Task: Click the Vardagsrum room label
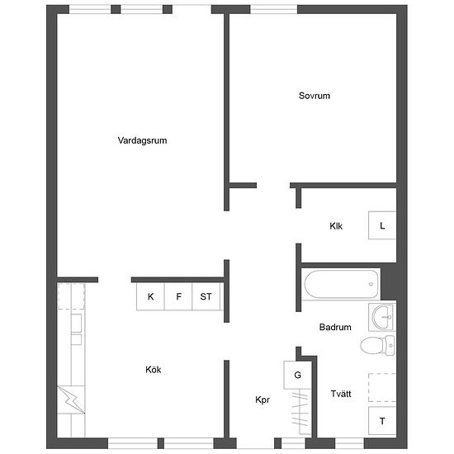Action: point(142,140)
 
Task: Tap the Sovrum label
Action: point(314,96)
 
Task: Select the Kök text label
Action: point(154,370)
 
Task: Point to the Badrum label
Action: point(335,327)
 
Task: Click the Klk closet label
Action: point(336,226)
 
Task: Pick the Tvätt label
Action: point(341,394)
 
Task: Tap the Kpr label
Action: point(262,400)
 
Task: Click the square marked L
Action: point(382,225)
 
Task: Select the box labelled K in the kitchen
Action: point(150,296)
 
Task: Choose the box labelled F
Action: point(178,296)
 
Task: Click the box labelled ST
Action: point(206,296)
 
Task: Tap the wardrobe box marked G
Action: point(297,375)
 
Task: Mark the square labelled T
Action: point(382,421)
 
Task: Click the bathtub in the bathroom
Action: point(341,284)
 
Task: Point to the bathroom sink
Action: point(382,317)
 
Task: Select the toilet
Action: point(377,345)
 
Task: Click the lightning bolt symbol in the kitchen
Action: point(71,400)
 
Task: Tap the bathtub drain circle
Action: point(371,284)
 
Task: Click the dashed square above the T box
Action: point(382,387)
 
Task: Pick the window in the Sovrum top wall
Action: point(273,9)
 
